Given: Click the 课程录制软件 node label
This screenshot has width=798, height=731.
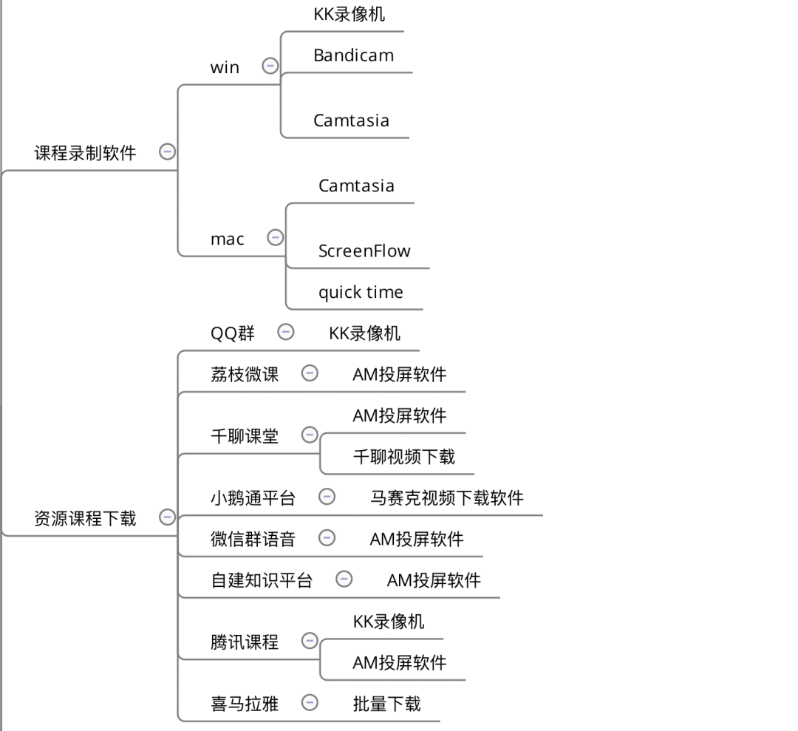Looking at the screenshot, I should (x=85, y=152).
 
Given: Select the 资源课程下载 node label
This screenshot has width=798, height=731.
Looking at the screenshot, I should (x=85, y=517).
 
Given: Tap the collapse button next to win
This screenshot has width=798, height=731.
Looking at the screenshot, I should (x=270, y=67).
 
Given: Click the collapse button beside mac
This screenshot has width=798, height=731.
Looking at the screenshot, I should (x=275, y=238).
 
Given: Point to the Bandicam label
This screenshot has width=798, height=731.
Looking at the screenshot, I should (x=353, y=55).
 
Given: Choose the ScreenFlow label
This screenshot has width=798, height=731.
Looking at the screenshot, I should (x=364, y=251).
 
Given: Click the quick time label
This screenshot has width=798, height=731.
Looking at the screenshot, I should (x=361, y=292).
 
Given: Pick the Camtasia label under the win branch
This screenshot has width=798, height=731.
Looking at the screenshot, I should (x=351, y=120).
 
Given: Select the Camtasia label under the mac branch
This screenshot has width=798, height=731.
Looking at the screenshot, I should (x=356, y=186).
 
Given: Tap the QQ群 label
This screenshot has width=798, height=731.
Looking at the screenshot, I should (x=232, y=333).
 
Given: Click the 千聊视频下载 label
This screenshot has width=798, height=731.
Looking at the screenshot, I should (x=403, y=457).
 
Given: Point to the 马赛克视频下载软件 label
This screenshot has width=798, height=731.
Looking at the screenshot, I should (x=446, y=497).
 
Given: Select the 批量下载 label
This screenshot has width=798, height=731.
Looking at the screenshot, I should (x=386, y=703).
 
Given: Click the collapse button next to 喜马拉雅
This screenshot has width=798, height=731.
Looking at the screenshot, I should (x=310, y=702).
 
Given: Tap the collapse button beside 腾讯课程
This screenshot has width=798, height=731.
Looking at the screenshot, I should (x=310, y=641).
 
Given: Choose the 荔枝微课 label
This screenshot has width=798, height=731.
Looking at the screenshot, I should (x=245, y=374).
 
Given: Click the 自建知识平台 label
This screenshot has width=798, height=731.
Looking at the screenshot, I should (x=262, y=580).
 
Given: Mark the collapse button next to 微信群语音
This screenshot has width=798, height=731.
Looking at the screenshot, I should (x=327, y=538).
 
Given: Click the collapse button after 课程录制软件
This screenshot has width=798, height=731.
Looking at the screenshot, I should (x=168, y=152).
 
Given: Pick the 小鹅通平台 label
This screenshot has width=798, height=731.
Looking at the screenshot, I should (x=253, y=497).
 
